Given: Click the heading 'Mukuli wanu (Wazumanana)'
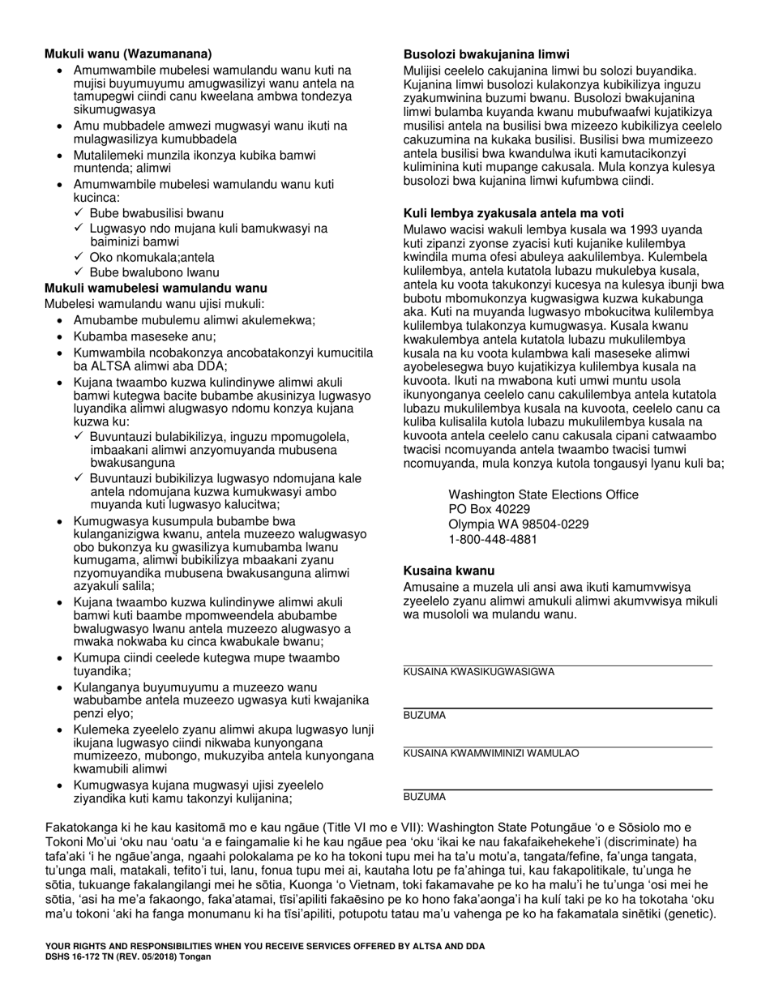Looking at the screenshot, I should tap(128, 54).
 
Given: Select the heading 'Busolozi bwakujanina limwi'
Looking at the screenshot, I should tap(486, 54).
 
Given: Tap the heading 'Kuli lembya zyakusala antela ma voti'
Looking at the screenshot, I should tap(514, 213).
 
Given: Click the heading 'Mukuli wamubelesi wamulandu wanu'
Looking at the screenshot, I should tap(156, 288).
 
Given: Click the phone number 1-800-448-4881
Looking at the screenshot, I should tap(492, 539).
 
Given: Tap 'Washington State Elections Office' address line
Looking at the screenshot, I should tap(543, 494).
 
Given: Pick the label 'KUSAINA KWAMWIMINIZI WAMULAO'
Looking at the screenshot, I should tap(491, 753).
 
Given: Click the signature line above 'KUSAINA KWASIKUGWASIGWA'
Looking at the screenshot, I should tap(558, 665).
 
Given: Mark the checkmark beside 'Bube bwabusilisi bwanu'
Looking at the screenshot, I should tap(79, 213).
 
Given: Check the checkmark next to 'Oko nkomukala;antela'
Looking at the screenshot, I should tap(79, 257).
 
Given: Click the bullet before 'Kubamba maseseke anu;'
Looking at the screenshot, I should tap(61, 336).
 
